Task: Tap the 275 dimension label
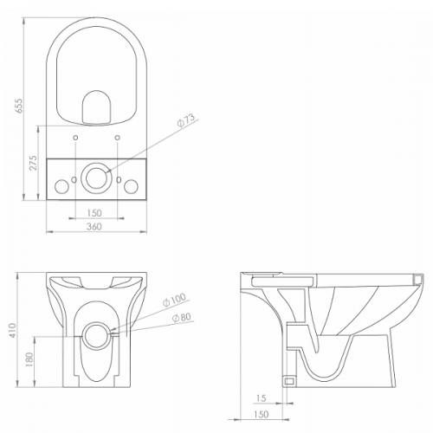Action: click(34, 163)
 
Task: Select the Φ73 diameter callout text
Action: click(186, 120)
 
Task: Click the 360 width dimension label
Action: click(94, 227)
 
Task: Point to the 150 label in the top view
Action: click(94, 213)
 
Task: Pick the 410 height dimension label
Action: click(13, 330)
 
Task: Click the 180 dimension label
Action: click(30, 359)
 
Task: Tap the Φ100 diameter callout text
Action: click(174, 300)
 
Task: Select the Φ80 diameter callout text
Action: click(181, 317)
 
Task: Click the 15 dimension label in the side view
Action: click(261, 398)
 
